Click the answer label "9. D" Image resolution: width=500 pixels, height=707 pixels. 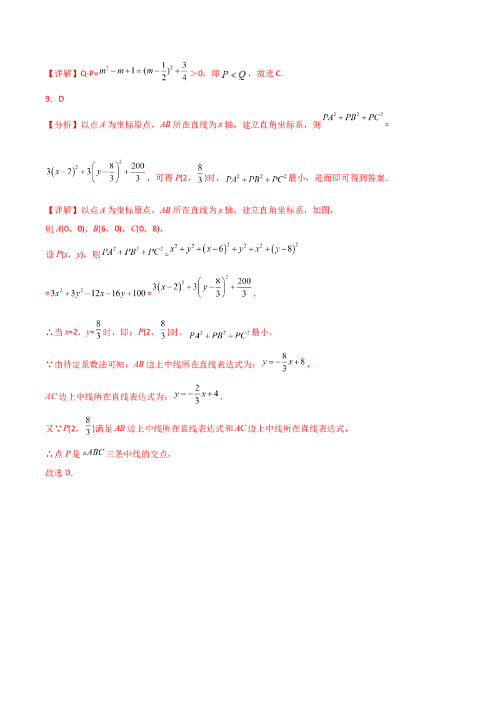pos(54,99)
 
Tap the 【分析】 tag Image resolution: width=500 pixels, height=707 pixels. pos(62,124)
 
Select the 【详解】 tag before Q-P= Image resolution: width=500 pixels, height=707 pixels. pos(62,74)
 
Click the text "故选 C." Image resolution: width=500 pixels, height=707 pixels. pos(269,74)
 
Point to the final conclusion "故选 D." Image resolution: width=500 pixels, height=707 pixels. pos(59,473)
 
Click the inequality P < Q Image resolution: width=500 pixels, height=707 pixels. pos(234,74)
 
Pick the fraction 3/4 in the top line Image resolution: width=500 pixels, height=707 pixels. pos(184,71)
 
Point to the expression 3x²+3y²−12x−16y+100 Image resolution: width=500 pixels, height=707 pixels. pos(98,293)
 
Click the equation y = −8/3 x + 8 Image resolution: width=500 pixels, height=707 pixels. pos(284,362)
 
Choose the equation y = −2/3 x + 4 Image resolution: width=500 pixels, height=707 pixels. pos(197,394)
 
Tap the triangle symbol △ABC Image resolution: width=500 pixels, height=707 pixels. pos(93,453)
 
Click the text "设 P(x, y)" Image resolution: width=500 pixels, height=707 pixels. pos(64,254)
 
